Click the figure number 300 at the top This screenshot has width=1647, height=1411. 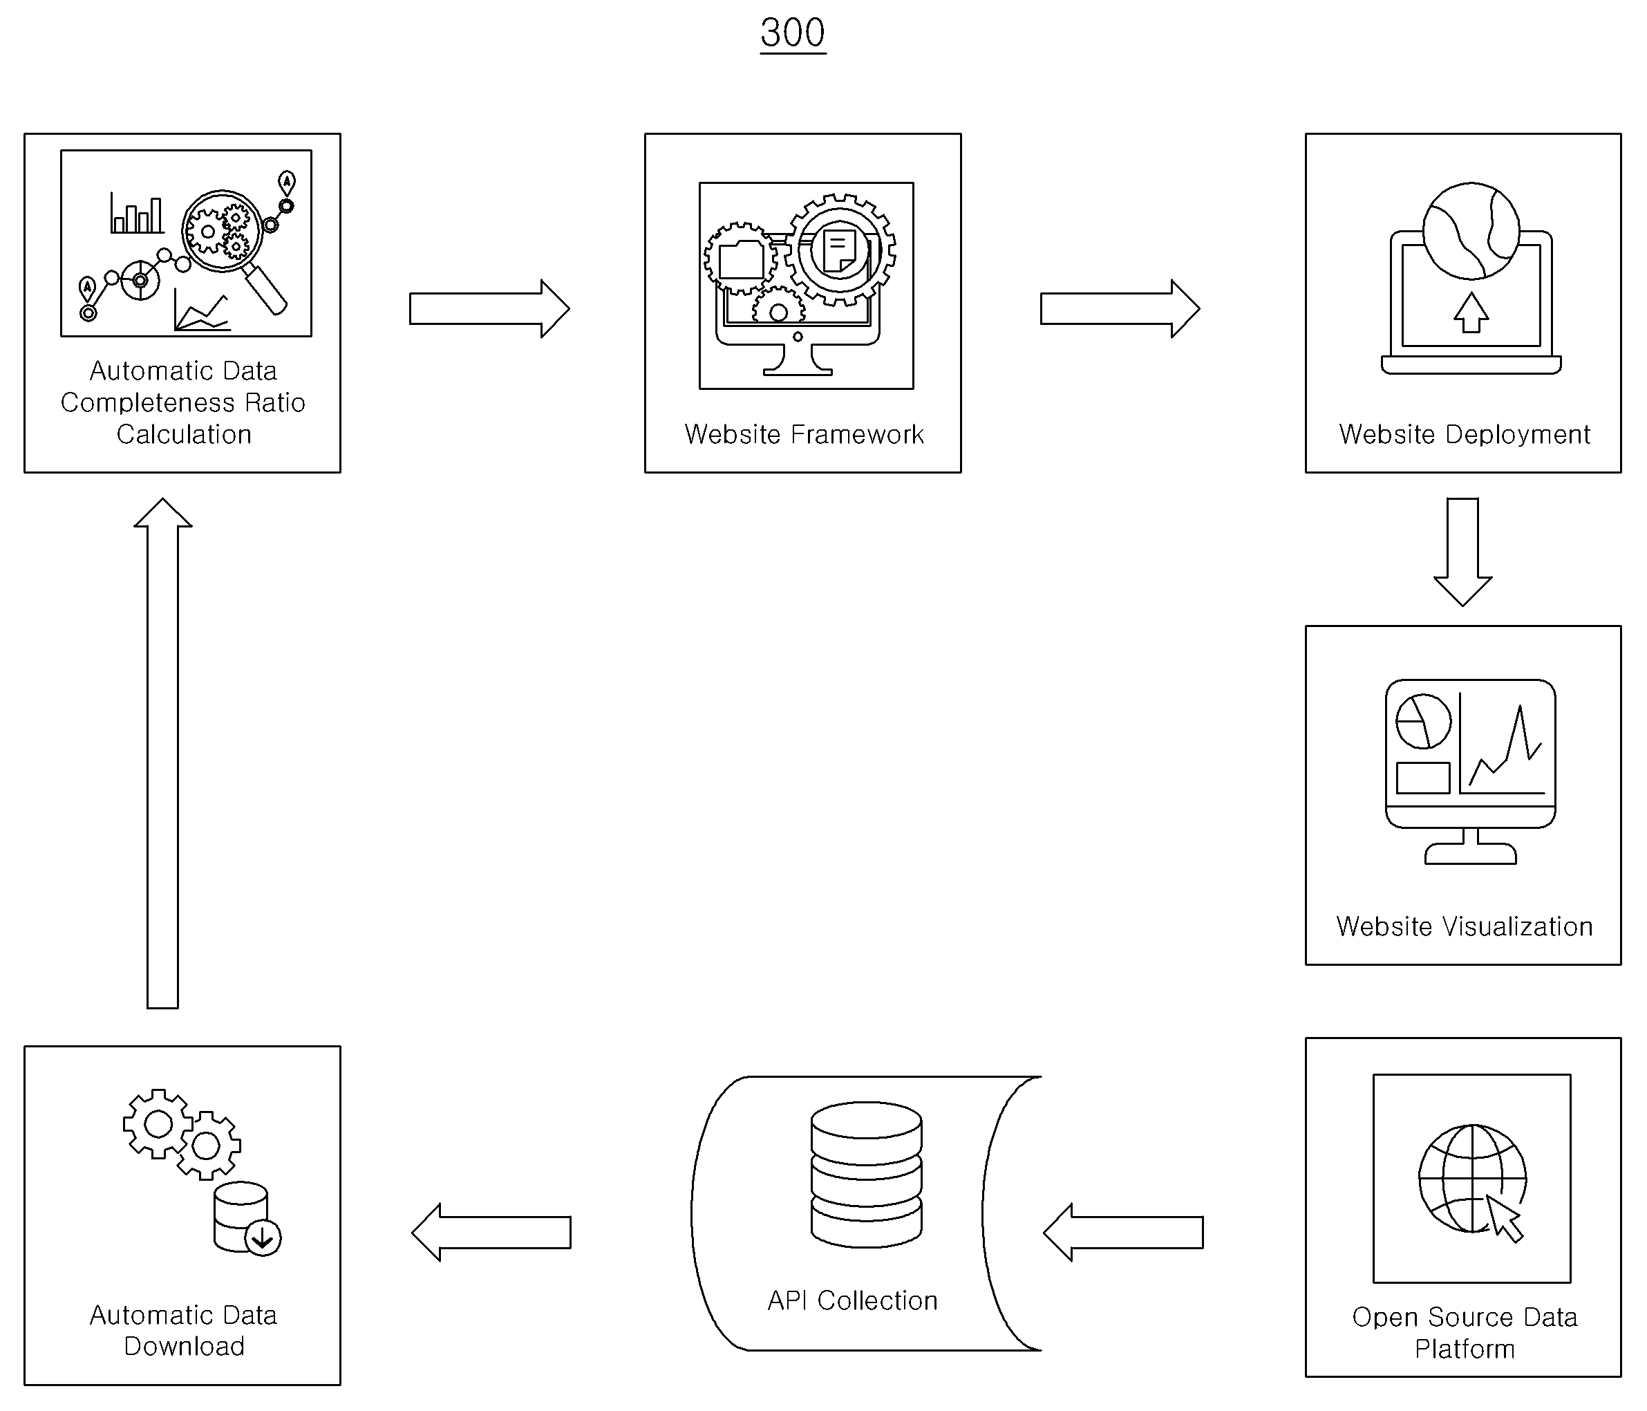click(x=793, y=33)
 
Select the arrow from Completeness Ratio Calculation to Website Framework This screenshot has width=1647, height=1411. click(x=489, y=308)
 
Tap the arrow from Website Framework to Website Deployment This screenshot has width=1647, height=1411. click(x=1120, y=308)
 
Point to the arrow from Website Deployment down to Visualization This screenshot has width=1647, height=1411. click(x=1462, y=552)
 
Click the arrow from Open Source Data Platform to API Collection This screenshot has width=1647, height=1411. click(x=1123, y=1232)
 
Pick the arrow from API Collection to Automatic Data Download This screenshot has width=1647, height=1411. click(x=491, y=1232)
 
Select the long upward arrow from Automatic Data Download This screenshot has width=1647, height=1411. click(x=163, y=753)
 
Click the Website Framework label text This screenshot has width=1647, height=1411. click(x=804, y=434)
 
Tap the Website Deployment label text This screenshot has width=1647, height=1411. click(x=1464, y=434)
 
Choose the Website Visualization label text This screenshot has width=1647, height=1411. click(x=1464, y=926)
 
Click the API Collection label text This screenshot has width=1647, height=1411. click(x=852, y=1300)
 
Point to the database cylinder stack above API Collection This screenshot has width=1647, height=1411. click(x=867, y=1174)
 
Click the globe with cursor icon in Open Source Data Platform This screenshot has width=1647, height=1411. click(x=1472, y=1179)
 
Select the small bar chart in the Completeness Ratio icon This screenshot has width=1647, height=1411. click(x=137, y=213)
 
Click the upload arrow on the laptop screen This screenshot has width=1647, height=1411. click(x=1471, y=312)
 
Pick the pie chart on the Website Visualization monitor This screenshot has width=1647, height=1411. click(x=1423, y=721)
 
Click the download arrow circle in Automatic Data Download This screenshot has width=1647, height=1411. click(x=263, y=1237)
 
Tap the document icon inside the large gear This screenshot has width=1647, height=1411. click(x=840, y=250)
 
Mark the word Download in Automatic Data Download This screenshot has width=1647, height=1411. click(x=185, y=1346)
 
